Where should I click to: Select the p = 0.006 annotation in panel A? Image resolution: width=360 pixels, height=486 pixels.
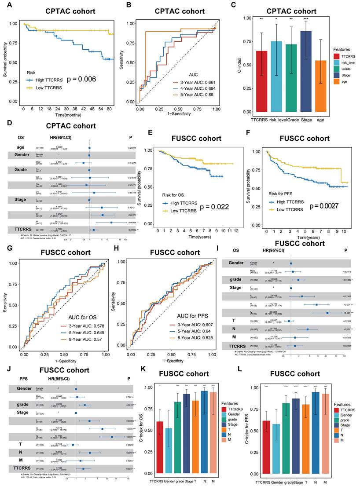click(x=84, y=80)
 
